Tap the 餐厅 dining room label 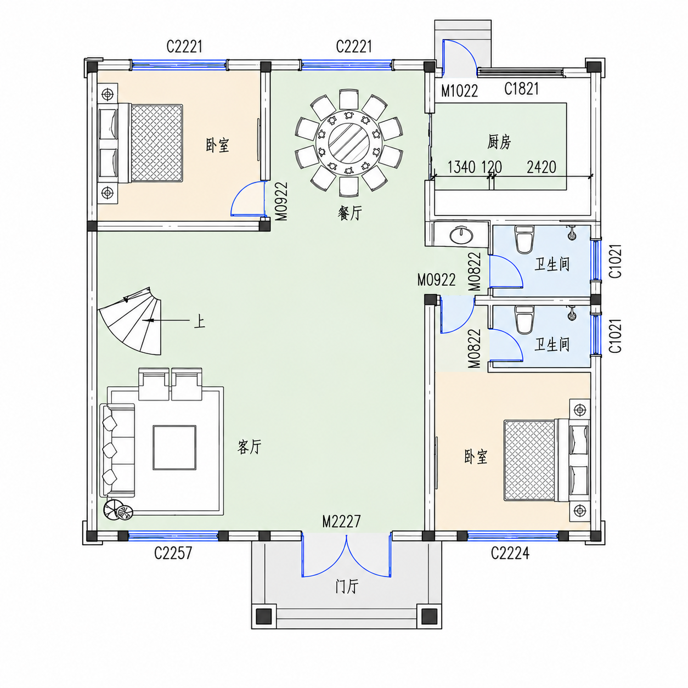coord(349,213)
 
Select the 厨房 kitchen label coord(499,142)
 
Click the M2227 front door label coord(341,521)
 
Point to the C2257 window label coord(173,552)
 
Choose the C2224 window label coord(510,552)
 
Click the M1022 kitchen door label coord(460,91)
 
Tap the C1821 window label coord(521,88)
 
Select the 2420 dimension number coord(542,167)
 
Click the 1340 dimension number coord(461,167)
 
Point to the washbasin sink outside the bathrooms coord(461,235)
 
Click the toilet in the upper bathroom coord(524,239)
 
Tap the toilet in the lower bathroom coord(524,319)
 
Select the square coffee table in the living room coord(174,447)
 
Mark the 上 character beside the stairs coord(199,320)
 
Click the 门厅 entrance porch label coord(346,587)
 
